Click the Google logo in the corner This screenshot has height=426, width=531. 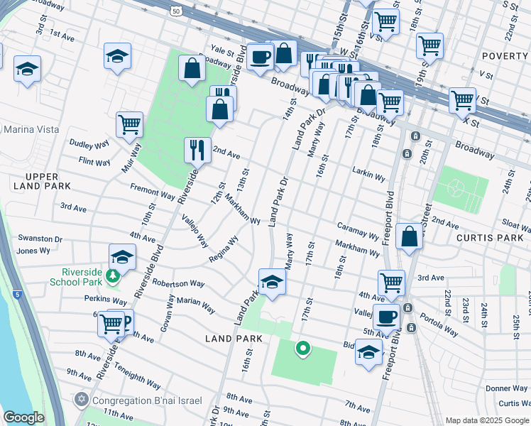[x=24, y=417]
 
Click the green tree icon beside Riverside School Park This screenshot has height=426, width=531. [x=111, y=275]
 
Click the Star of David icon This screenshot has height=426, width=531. [x=82, y=399]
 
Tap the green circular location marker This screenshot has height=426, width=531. [x=303, y=348]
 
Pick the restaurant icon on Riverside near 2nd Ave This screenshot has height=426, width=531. [x=197, y=149]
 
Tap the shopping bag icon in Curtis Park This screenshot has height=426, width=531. [x=410, y=236]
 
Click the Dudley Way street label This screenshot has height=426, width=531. [x=89, y=144]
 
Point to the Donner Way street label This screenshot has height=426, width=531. [x=506, y=388]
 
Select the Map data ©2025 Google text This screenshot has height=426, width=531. [x=487, y=420]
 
